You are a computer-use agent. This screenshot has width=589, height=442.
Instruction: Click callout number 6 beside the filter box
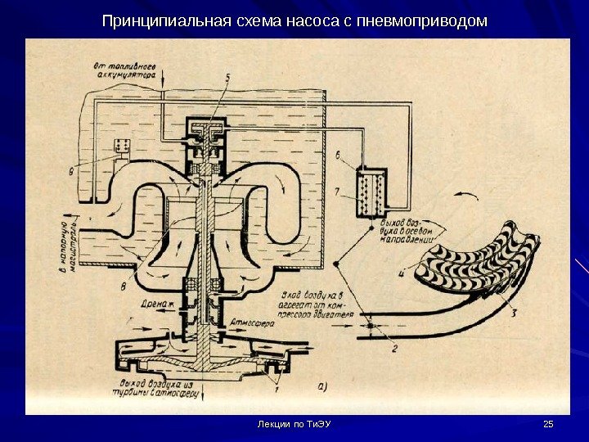338,154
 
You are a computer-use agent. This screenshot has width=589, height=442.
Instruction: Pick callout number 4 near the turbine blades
401,274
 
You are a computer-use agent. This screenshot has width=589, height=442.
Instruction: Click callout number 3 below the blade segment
514,311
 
